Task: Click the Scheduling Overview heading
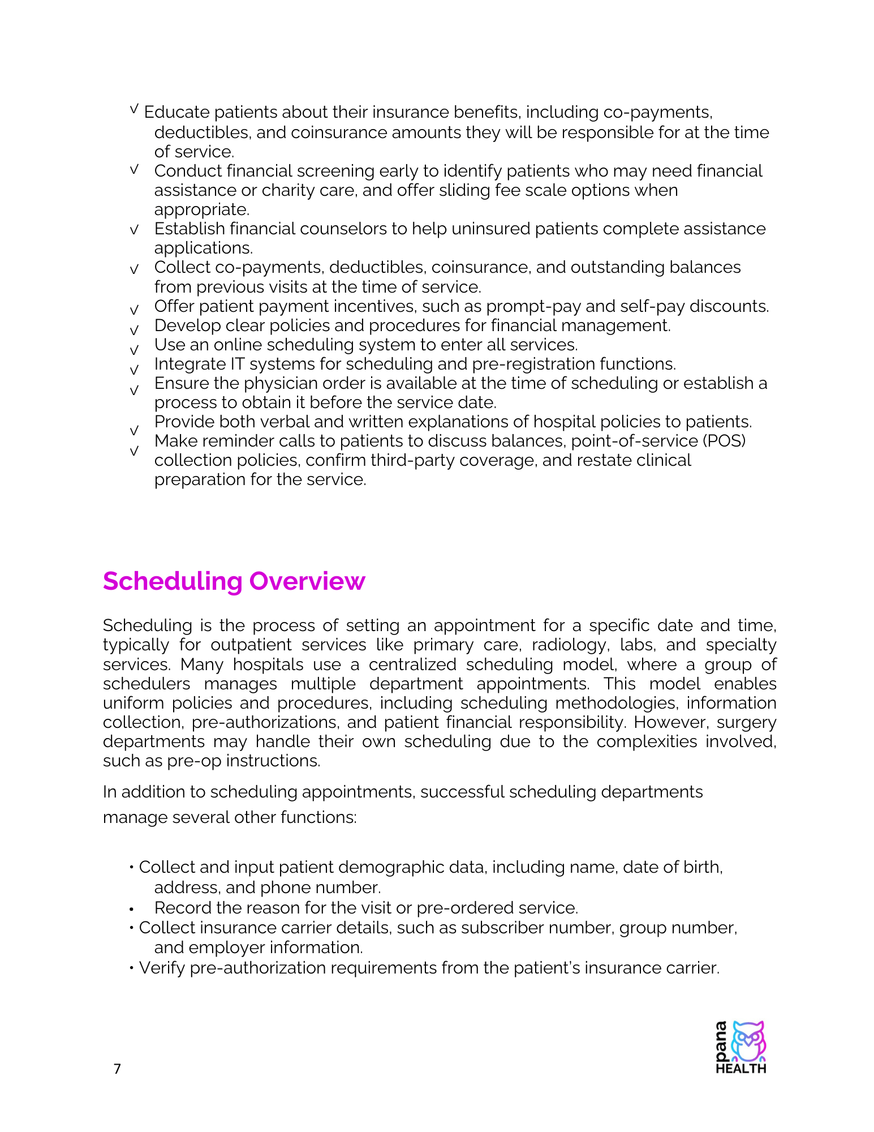pyautogui.click(x=234, y=581)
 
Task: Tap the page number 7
pyautogui.click(x=117, y=1069)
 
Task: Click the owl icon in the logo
pyautogui.click(x=748, y=1041)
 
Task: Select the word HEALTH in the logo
pyautogui.click(x=740, y=1069)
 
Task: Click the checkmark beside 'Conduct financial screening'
pyautogui.click(x=134, y=169)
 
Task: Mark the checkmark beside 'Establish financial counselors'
pyautogui.click(x=134, y=230)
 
